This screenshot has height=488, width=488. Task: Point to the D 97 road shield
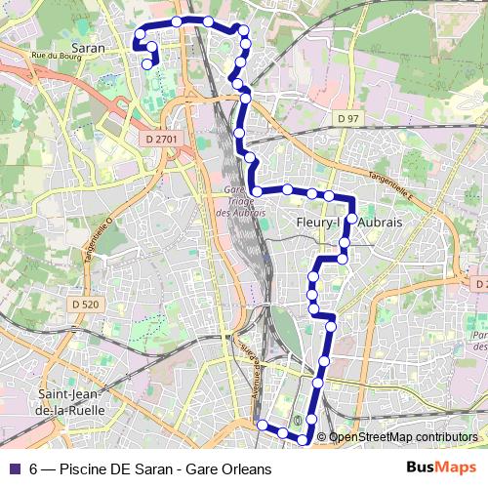click(x=348, y=118)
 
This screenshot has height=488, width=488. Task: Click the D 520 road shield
click(x=86, y=305)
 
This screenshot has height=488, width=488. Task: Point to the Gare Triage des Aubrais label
click(x=234, y=202)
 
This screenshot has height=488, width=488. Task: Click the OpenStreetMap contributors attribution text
click(x=403, y=437)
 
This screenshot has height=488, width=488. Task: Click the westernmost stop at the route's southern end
click(x=262, y=425)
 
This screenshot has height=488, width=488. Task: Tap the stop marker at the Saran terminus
click(x=147, y=65)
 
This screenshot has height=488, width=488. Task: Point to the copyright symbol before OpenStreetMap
click(x=321, y=437)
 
